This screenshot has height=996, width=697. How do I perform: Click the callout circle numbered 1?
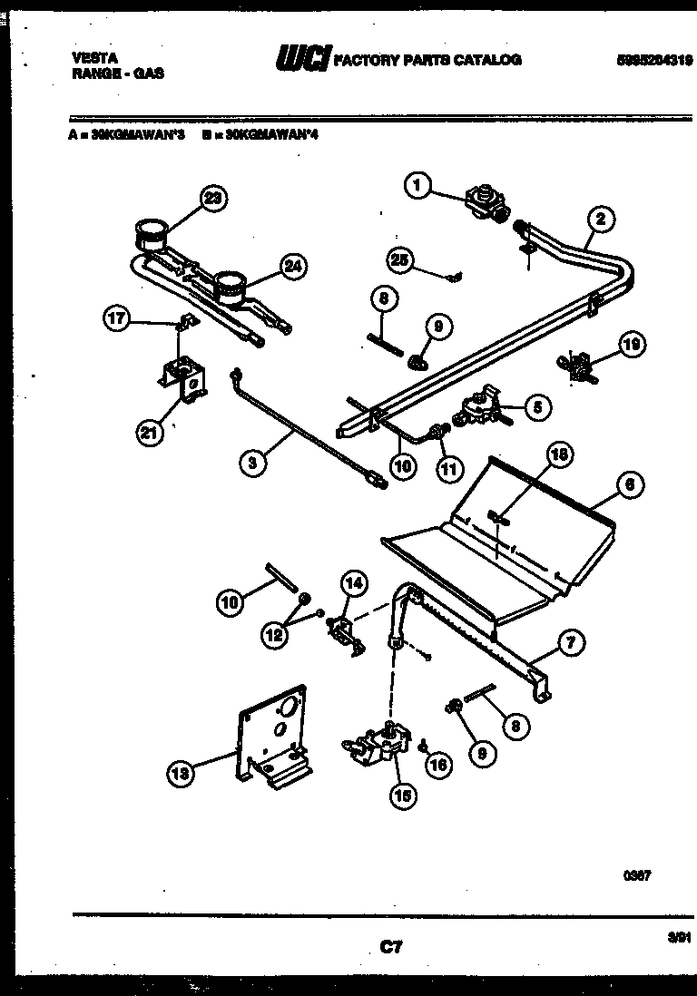417,187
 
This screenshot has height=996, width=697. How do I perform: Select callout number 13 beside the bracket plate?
181,773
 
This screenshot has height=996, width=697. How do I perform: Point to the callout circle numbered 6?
630,485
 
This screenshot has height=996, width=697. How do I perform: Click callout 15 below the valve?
400,796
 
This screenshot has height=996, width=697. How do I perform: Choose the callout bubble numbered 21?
149,435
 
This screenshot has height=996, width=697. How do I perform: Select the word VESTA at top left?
93,56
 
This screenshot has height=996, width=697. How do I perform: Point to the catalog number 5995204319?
653,60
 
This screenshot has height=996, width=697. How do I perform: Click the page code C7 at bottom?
390,947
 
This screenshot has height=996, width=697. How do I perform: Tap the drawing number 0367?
638,875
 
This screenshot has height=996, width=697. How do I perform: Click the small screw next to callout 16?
425,745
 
